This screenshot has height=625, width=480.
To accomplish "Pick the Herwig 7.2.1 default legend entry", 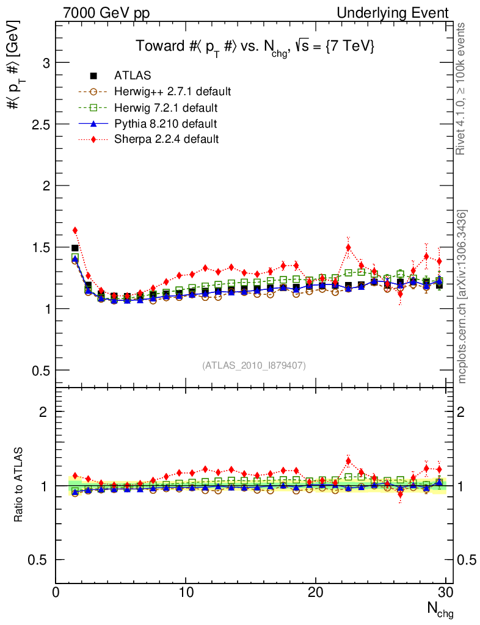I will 165,107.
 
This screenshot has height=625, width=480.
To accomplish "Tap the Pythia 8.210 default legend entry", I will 165,123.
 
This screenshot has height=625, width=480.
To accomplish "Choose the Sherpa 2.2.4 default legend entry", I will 166,139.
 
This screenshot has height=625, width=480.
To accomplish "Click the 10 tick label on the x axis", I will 186,593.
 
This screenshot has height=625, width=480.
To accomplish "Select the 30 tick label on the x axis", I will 445,593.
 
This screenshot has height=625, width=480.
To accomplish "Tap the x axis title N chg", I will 438,609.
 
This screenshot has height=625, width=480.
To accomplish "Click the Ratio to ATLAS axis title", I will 19,486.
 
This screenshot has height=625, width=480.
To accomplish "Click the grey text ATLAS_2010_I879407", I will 254,365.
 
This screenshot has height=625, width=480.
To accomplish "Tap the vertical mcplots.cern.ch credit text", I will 462,297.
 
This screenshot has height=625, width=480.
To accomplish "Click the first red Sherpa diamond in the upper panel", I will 75,231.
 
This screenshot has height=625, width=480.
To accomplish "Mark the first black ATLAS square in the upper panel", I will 75,248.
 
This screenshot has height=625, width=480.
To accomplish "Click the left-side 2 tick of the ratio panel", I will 43,411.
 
